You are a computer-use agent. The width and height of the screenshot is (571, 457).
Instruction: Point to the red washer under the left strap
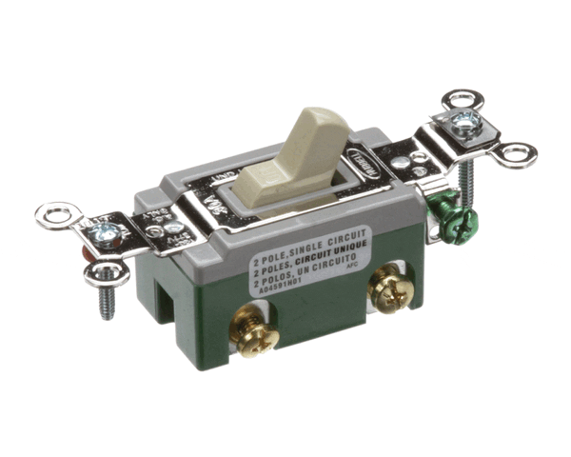[89, 255]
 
